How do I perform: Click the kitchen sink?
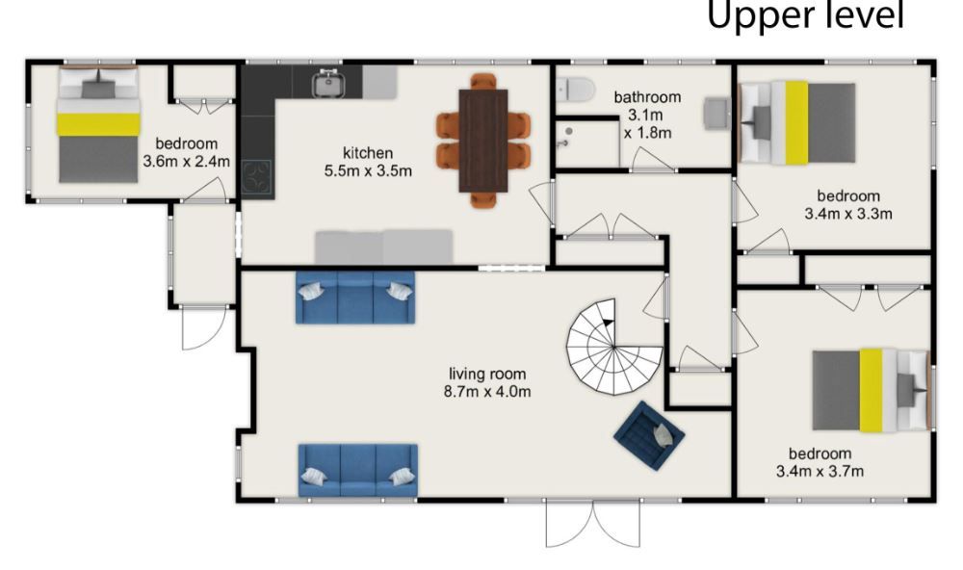tap(328, 84)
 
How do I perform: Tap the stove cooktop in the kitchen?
tap(256, 177)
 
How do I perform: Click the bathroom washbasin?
tap(716, 113)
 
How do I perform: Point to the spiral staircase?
tap(614, 347)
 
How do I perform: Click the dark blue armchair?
tap(649, 435)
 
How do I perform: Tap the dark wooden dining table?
tap(483, 141)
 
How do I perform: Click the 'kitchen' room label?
tap(368, 153)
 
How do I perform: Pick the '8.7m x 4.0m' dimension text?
tap(487, 391)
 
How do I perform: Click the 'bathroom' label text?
tap(647, 97)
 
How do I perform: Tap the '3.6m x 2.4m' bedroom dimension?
tap(187, 162)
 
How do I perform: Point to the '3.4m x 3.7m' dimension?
tap(820, 471)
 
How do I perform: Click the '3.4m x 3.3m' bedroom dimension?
tap(848, 214)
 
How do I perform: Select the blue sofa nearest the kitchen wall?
tap(355, 298)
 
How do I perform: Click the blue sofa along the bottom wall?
tap(358, 471)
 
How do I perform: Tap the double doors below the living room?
tap(593, 524)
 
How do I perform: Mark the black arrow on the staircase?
tap(608, 322)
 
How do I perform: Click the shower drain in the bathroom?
tap(569, 132)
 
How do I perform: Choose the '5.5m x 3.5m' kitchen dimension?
tap(368, 170)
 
